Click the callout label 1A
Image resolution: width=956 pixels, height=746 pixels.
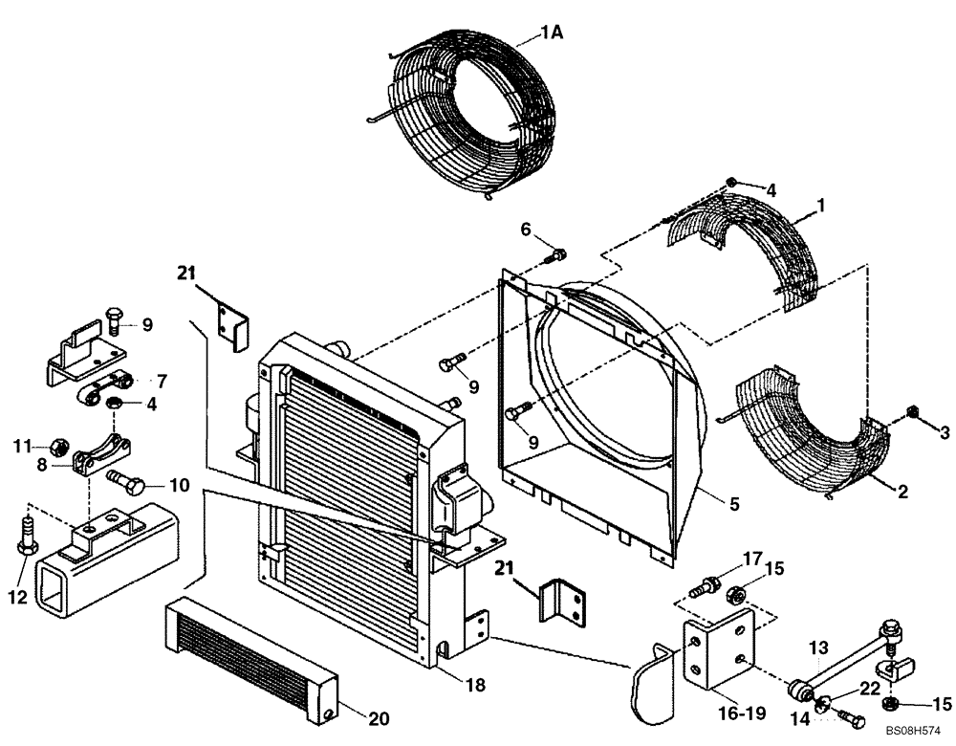(552, 33)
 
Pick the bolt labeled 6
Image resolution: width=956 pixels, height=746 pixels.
(558, 254)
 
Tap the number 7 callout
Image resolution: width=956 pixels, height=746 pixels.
(161, 381)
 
